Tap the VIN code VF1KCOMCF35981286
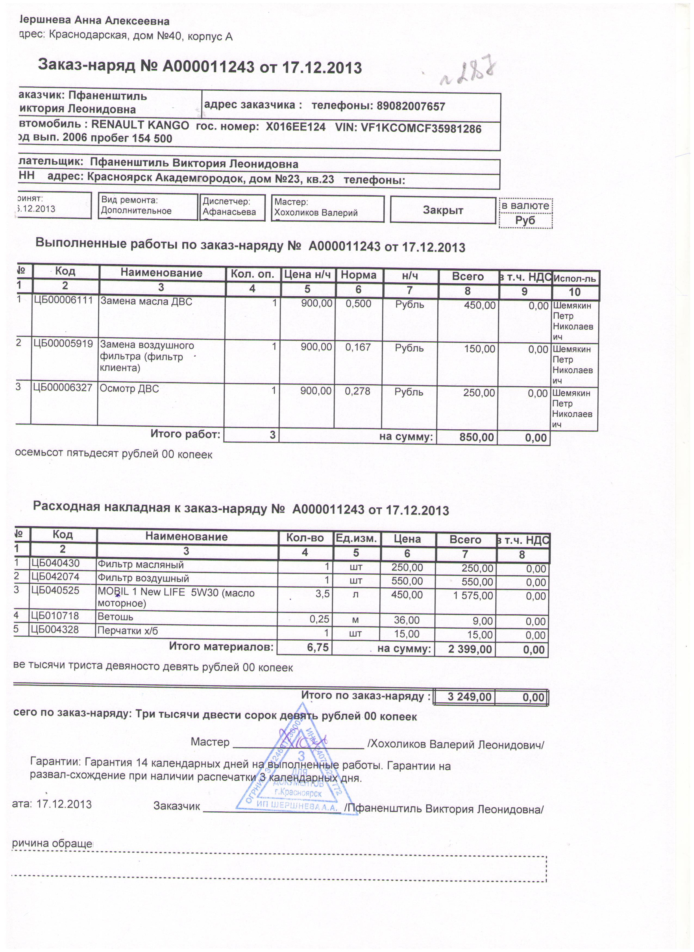click(421, 128)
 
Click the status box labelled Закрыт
click(443, 210)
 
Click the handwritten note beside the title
click(466, 73)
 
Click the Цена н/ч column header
click(308, 275)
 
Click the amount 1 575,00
click(473, 596)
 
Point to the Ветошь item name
click(115, 617)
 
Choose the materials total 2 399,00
click(470, 649)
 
